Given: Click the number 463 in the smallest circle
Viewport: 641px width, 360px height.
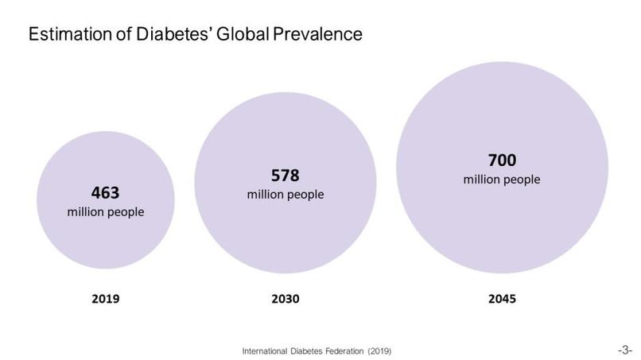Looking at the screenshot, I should tap(106, 193).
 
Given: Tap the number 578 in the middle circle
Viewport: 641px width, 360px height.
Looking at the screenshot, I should tap(286, 175).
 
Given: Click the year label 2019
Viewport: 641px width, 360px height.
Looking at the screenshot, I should tap(106, 300).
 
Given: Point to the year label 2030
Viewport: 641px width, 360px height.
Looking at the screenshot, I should tap(286, 300).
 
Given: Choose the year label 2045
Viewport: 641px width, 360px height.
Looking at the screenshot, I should tap(502, 300).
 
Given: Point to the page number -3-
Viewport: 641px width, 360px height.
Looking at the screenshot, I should tap(624, 349).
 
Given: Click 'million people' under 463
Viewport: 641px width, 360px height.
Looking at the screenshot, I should tap(106, 212).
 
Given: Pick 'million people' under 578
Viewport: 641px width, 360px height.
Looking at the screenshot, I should tap(286, 195).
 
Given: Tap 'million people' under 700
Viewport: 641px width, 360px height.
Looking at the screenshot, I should tap(502, 180).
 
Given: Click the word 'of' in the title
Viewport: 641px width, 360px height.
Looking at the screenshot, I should tap(112, 35).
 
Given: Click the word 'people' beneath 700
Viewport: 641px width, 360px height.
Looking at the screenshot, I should tap(522, 180).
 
